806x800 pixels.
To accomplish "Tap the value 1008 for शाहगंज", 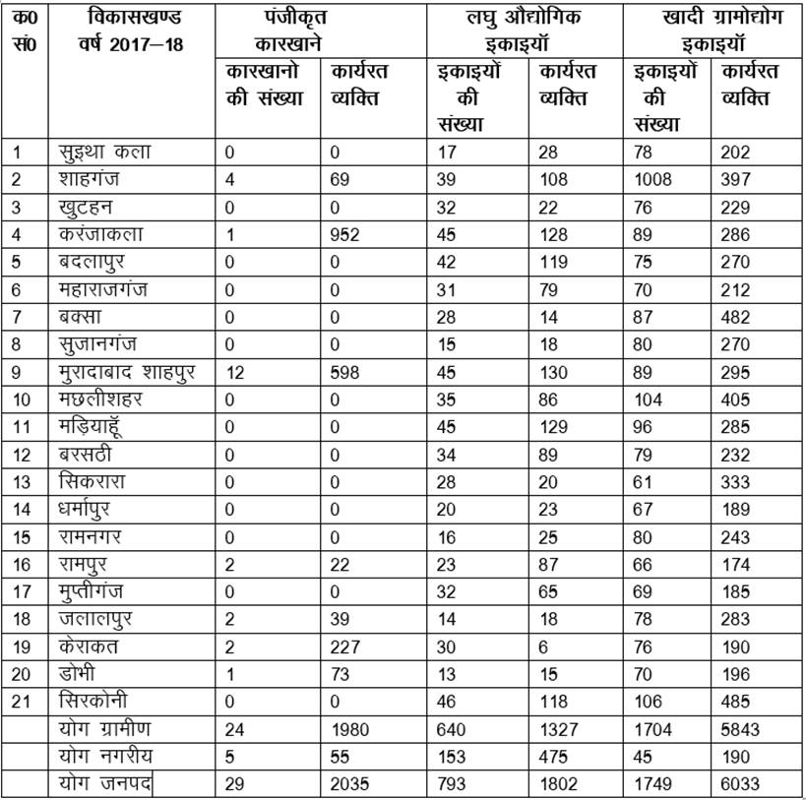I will (x=653, y=179).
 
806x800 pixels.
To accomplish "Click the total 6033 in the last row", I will (x=742, y=785).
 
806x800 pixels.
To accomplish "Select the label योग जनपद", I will (x=104, y=785).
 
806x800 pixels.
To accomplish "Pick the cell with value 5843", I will (x=742, y=730).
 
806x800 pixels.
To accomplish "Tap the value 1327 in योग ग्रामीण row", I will (x=559, y=730).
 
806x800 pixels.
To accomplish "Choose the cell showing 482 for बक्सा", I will (x=736, y=318).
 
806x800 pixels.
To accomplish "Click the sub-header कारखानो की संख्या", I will (x=266, y=86).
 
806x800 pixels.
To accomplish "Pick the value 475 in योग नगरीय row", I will (x=554, y=758).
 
